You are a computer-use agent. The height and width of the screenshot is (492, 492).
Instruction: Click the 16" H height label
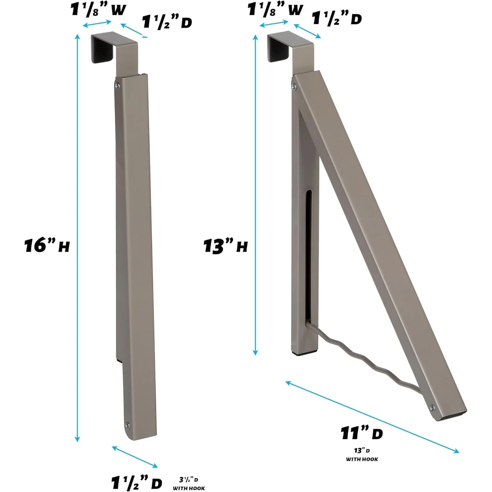47,245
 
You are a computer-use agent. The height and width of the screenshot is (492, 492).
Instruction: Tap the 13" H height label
225,246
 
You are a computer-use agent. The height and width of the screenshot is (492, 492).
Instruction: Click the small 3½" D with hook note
189,484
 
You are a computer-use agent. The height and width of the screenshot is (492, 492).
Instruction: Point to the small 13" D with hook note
362,455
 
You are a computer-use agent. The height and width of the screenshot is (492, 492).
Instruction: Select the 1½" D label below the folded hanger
136,483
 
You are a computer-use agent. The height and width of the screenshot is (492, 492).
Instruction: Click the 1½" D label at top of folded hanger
167,22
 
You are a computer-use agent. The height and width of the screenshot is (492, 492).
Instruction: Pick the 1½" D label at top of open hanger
337,18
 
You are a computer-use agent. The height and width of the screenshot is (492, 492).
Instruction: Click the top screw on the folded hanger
117,86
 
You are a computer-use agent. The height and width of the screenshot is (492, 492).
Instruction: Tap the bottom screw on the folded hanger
127,425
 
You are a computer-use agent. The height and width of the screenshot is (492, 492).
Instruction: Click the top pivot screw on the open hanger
294,87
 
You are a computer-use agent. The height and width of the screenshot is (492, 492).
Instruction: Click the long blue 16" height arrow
77,236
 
